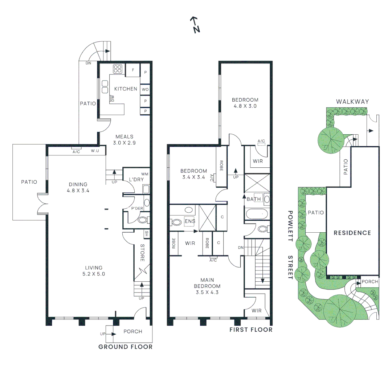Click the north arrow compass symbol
click(195, 25)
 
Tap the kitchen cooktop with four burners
click(117, 69)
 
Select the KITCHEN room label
click(126, 89)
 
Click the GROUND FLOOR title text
click(125, 347)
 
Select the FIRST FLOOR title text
click(251, 330)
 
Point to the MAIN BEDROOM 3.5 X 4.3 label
click(207, 286)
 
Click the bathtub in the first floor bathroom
click(257, 214)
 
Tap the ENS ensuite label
click(190, 221)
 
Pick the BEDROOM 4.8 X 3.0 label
click(245, 103)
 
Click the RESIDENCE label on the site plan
click(352, 233)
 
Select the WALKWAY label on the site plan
click(352, 102)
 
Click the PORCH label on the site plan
click(370, 282)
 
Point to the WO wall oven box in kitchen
click(145, 89)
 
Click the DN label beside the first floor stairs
click(240, 248)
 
